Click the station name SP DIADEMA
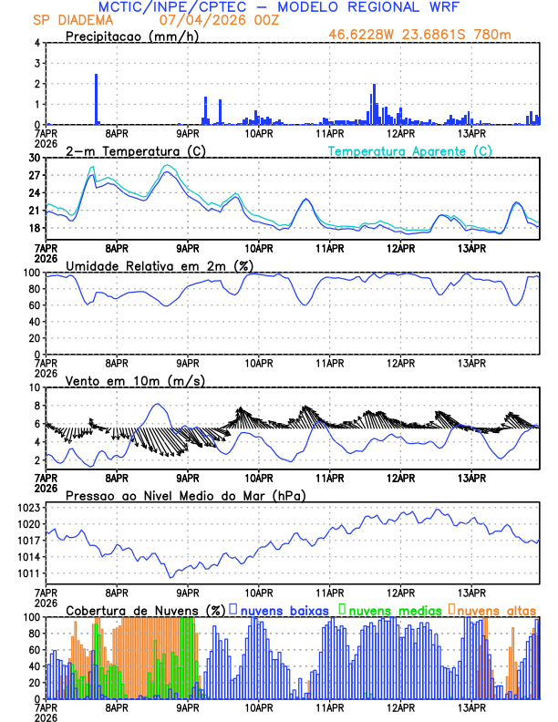click(72, 19)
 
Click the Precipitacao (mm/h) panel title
click(127, 36)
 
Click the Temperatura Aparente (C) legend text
click(410, 150)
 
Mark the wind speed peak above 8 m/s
click(158, 404)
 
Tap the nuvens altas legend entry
click(495, 609)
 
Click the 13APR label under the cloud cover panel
click(471, 707)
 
